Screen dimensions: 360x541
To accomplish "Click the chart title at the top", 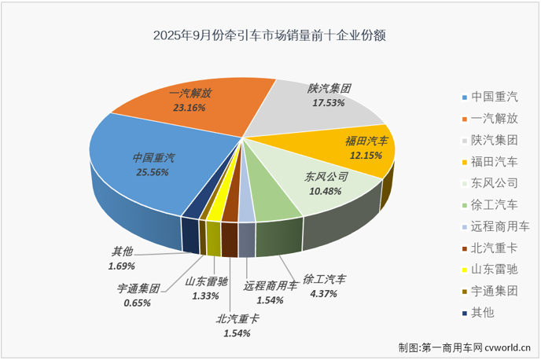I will click(270, 35).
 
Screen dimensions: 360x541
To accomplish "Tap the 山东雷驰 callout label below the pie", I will click(208, 281).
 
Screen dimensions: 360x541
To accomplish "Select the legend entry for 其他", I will click(482, 313).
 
